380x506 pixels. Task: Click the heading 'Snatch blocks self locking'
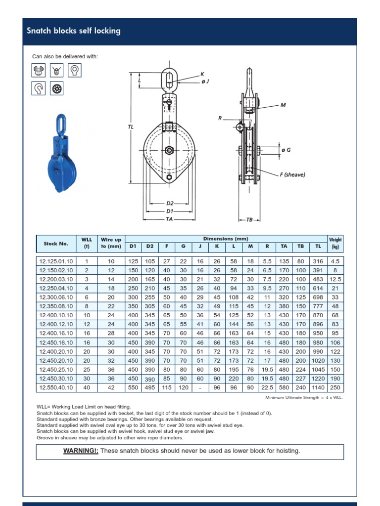[x=73, y=31]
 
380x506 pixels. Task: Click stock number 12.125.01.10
[x=56, y=261]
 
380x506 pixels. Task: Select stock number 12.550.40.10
[x=56, y=388]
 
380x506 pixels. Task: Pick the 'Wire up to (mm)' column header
[x=110, y=243]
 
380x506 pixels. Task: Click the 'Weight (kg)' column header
[x=335, y=243]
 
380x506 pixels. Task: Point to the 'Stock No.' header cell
[x=56, y=243]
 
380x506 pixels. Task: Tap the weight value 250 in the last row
[x=335, y=388]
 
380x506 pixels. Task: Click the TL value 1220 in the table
[x=318, y=379]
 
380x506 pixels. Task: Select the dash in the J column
[x=200, y=388]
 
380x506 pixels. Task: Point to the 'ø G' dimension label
[x=285, y=149]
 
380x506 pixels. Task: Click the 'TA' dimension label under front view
[x=169, y=218]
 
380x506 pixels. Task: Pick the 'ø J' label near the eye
[x=205, y=82]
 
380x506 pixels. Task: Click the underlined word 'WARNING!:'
[x=81, y=451]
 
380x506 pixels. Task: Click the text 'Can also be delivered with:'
[x=65, y=56]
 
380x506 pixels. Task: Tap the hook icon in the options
[x=38, y=88]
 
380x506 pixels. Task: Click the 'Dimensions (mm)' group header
[x=226, y=239]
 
